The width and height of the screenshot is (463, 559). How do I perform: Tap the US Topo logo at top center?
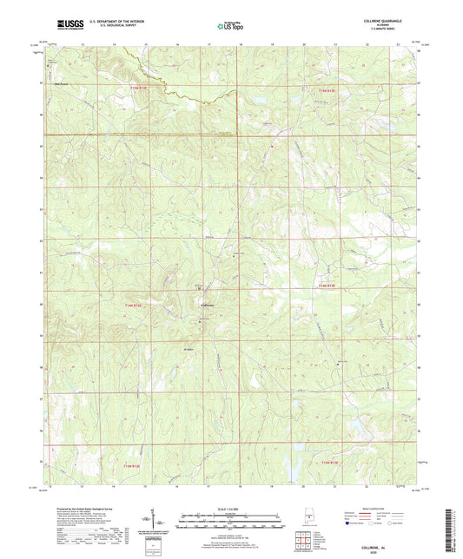tap(231, 27)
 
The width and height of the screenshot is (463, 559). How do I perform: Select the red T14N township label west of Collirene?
tap(155, 306)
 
